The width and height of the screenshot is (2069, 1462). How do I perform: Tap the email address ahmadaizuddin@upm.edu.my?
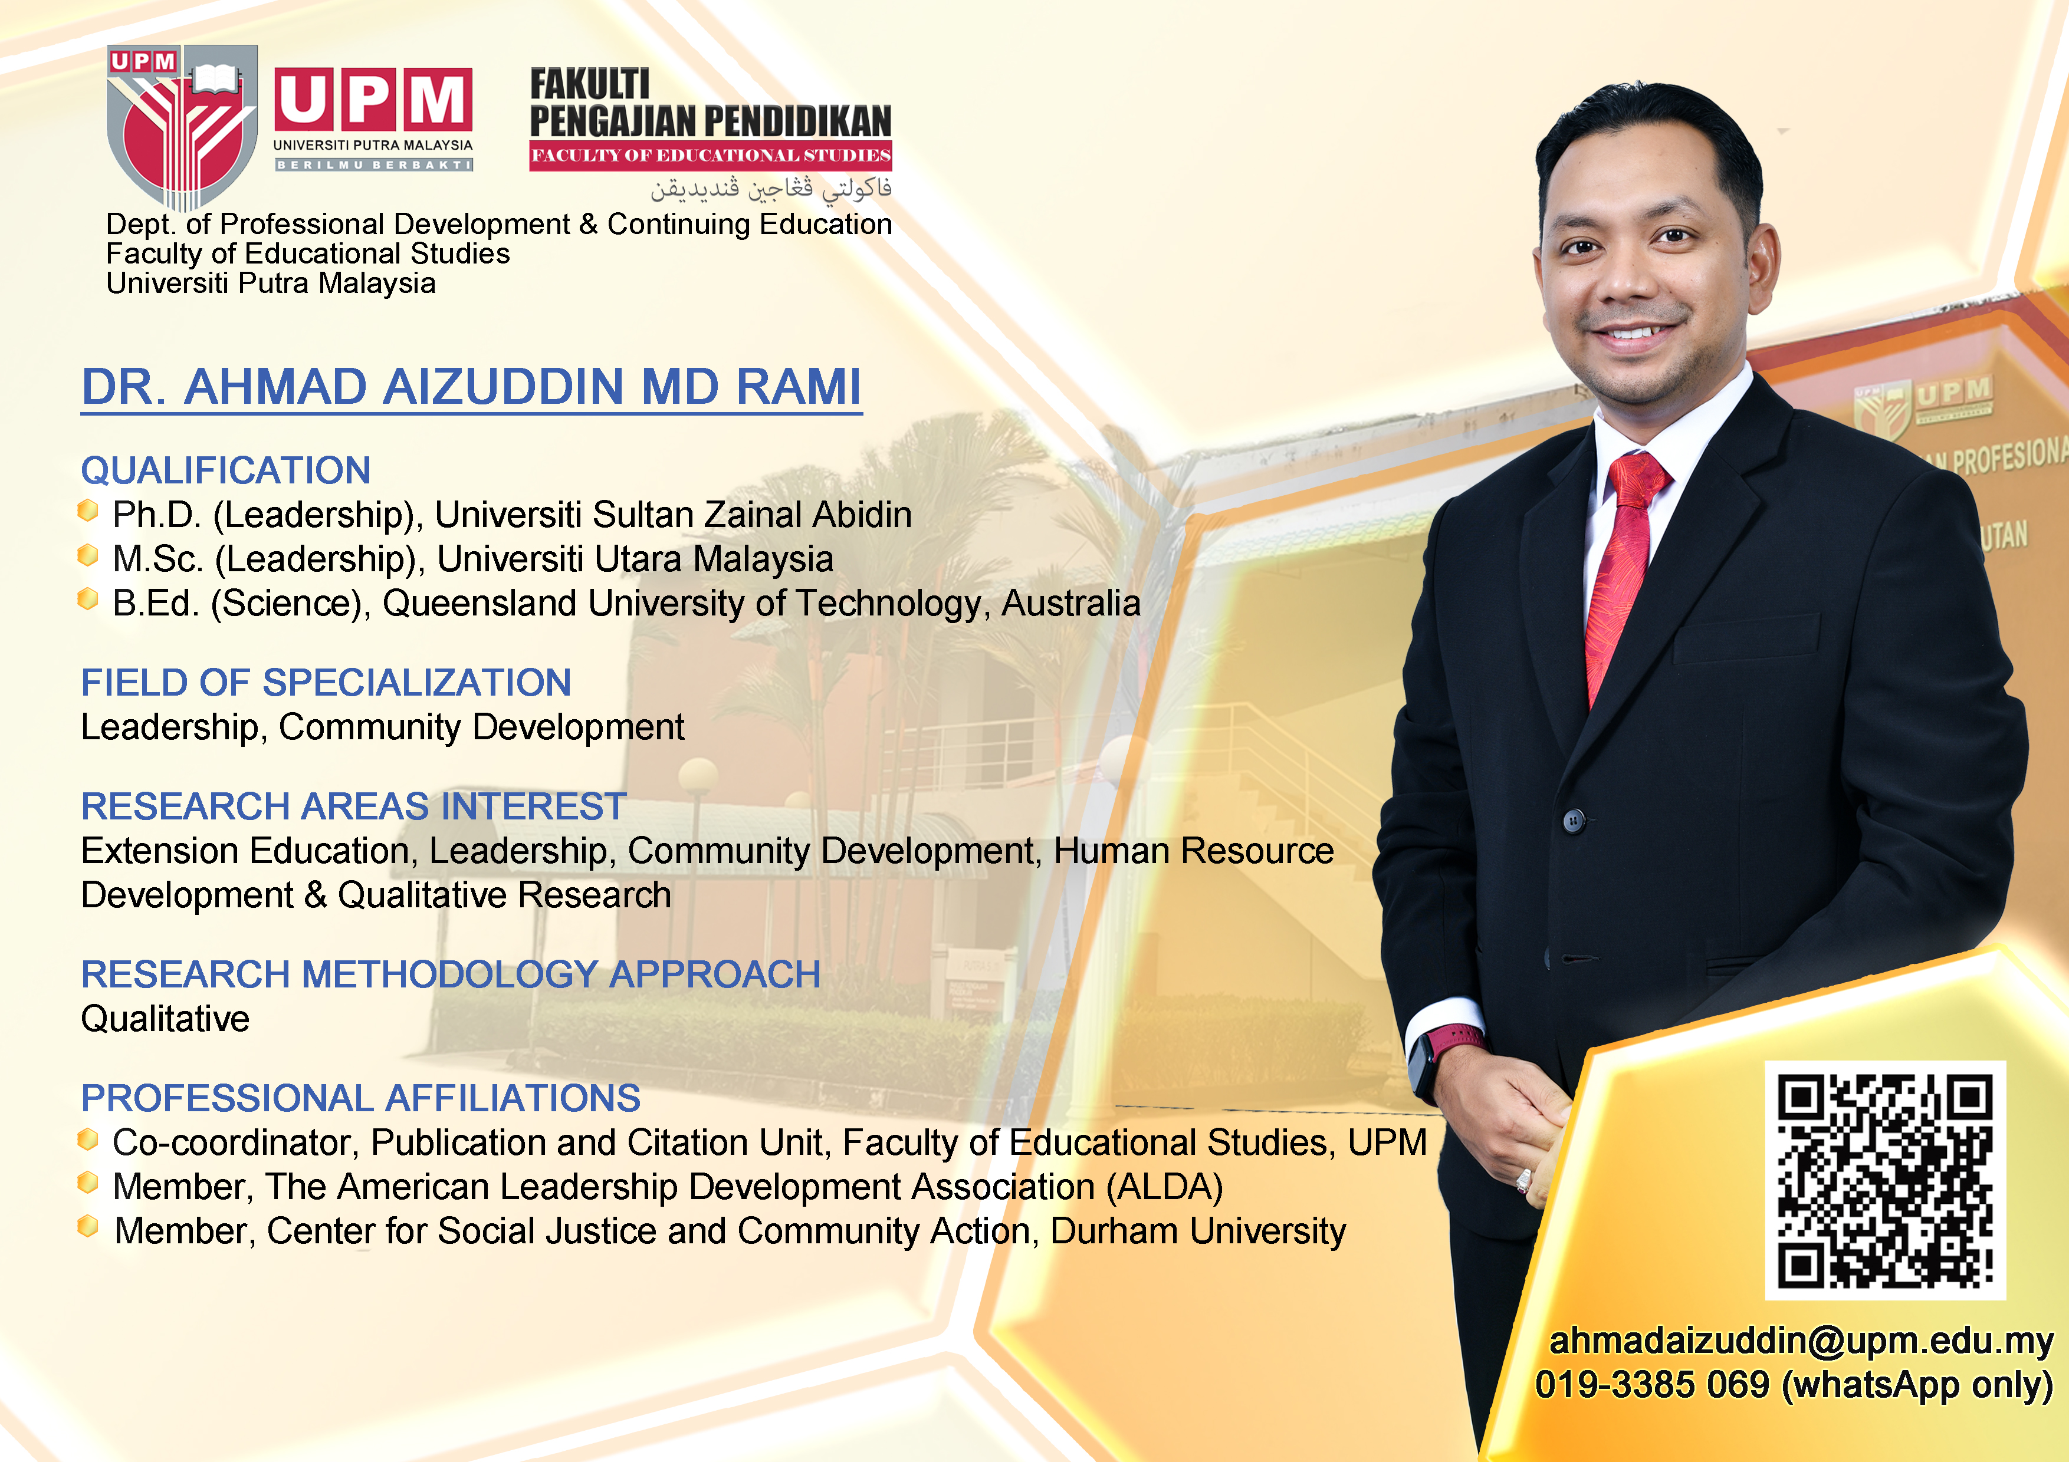click(x=1801, y=1341)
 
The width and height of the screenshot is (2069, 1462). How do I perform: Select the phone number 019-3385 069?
click(x=1652, y=1385)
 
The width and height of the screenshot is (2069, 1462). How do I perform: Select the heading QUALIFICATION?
click(x=225, y=470)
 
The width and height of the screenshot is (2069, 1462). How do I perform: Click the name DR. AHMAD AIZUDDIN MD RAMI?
click(x=471, y=387)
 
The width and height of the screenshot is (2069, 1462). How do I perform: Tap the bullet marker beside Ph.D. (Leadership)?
click(x=87, y=511)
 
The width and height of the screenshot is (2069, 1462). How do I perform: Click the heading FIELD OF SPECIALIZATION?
click(x=326, y=683)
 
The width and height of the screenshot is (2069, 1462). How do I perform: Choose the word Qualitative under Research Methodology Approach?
click(x=165, y=1019)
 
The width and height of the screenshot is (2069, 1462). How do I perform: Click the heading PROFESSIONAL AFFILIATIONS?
click(x=360, y=1098)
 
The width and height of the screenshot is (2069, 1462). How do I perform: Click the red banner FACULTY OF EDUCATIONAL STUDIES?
click(x=710, y=155)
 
